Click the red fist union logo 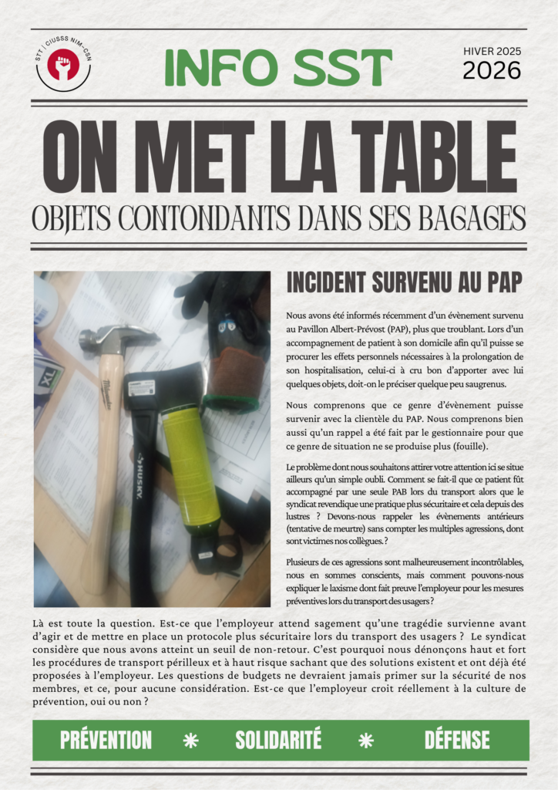point(62,64)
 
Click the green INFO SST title point(278,68)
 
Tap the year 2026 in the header point(492,71)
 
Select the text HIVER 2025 point(492,51)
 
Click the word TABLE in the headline point(429,157)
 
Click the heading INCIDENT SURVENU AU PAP point(404,283)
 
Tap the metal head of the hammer point(116,337)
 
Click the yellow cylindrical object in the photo point(189,463)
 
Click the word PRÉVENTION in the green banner point(106,741)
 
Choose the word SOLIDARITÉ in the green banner point(278,741)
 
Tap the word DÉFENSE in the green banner point(457,741)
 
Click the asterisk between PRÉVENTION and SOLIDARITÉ point(190,741)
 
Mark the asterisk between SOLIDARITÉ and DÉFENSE point(366,741)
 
